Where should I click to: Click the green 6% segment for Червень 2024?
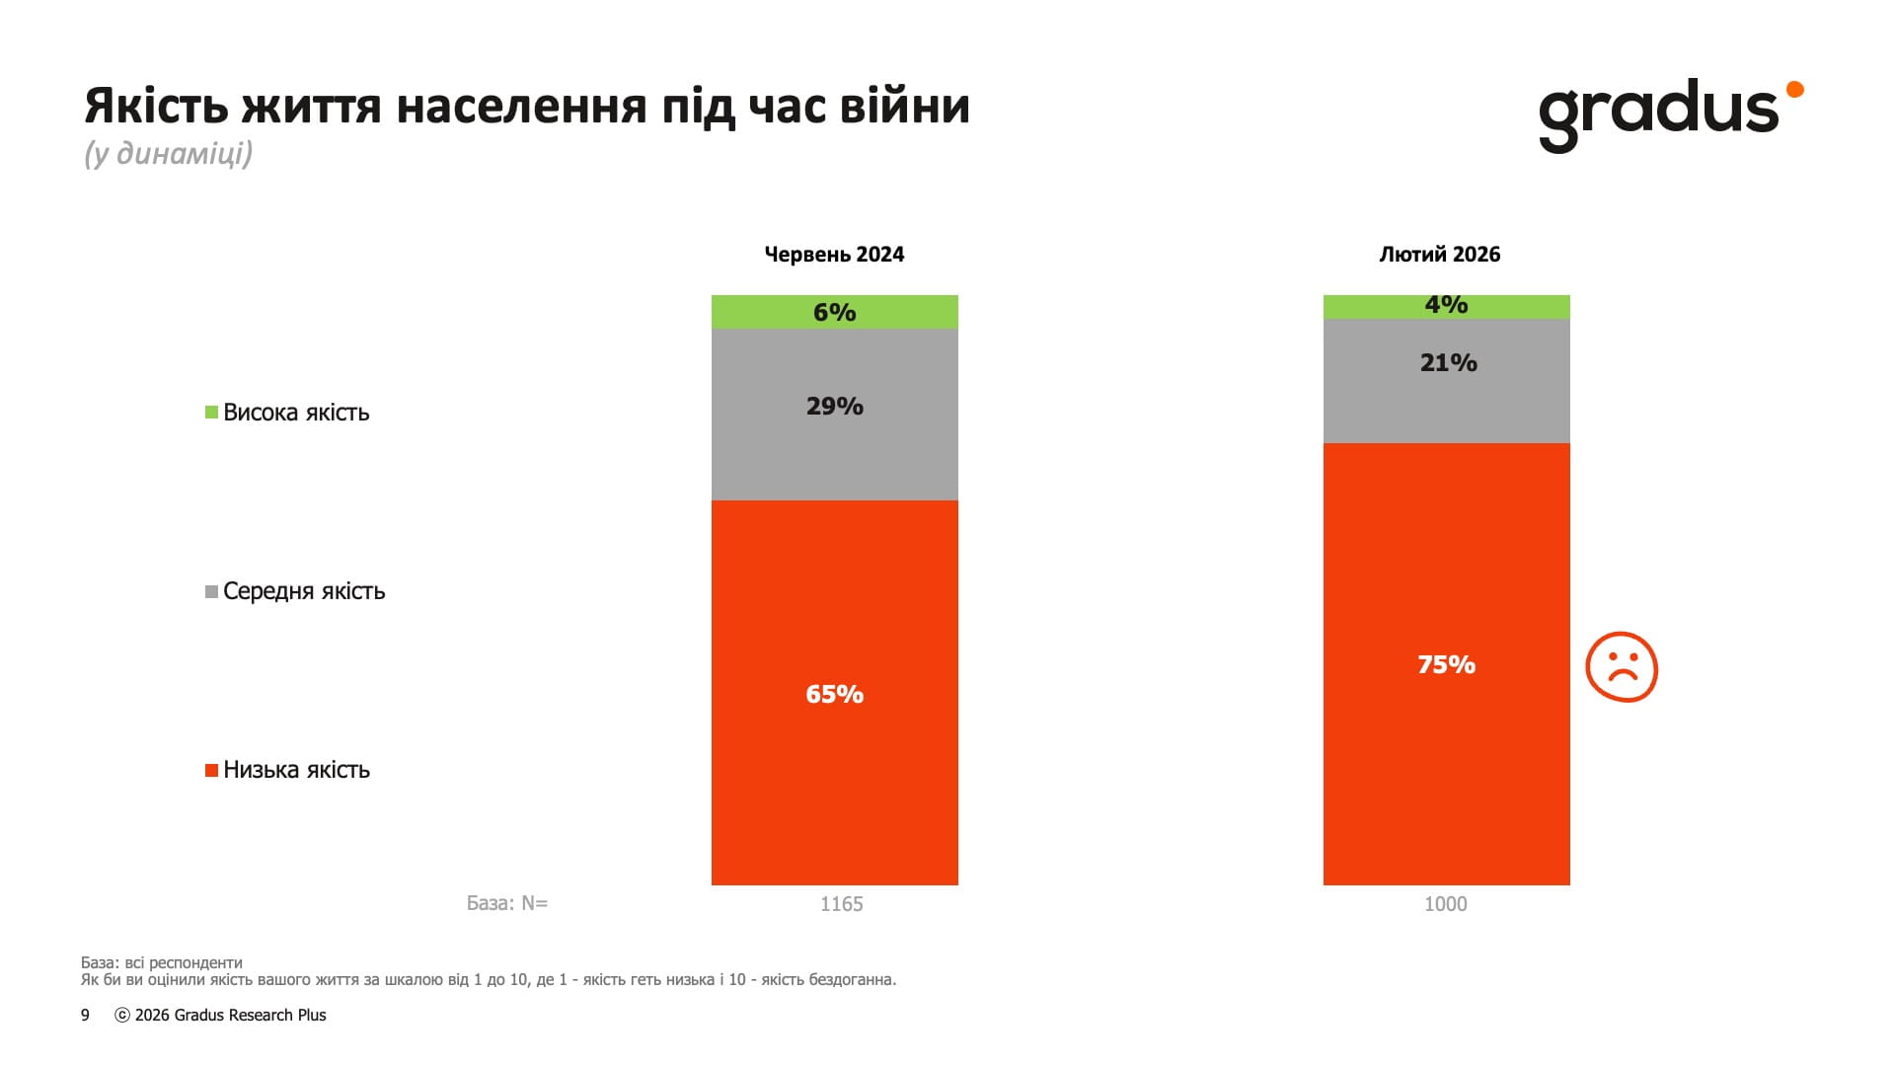(x=834, y=312)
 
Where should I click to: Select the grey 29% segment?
(x=834, y=415)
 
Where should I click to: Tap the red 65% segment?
(x=834, y=693)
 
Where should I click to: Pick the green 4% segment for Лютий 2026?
(x=1446, y=306)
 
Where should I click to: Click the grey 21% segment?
(x=1446, y=381)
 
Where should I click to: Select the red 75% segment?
(x=1446, y=664)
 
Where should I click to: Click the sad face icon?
(x=1622, y=667)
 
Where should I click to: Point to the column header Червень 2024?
(x=834, y=255)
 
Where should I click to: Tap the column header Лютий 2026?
(x=1439, y=255)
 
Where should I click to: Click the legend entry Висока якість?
(x=295, y=413)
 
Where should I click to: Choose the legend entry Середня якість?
(x=303, y=591)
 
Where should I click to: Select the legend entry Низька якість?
(x=295, y=770)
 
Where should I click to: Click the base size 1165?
(x=841, y=904)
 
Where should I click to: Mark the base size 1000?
(x=1445, y=904)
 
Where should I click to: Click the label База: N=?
(x=507, y=903)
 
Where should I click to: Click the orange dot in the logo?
(x=1794, y=90)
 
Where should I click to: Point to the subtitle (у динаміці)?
(x=168, y=154)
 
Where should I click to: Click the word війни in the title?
(x=904, y=106)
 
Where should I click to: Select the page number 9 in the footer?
(x=85, y=1015)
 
